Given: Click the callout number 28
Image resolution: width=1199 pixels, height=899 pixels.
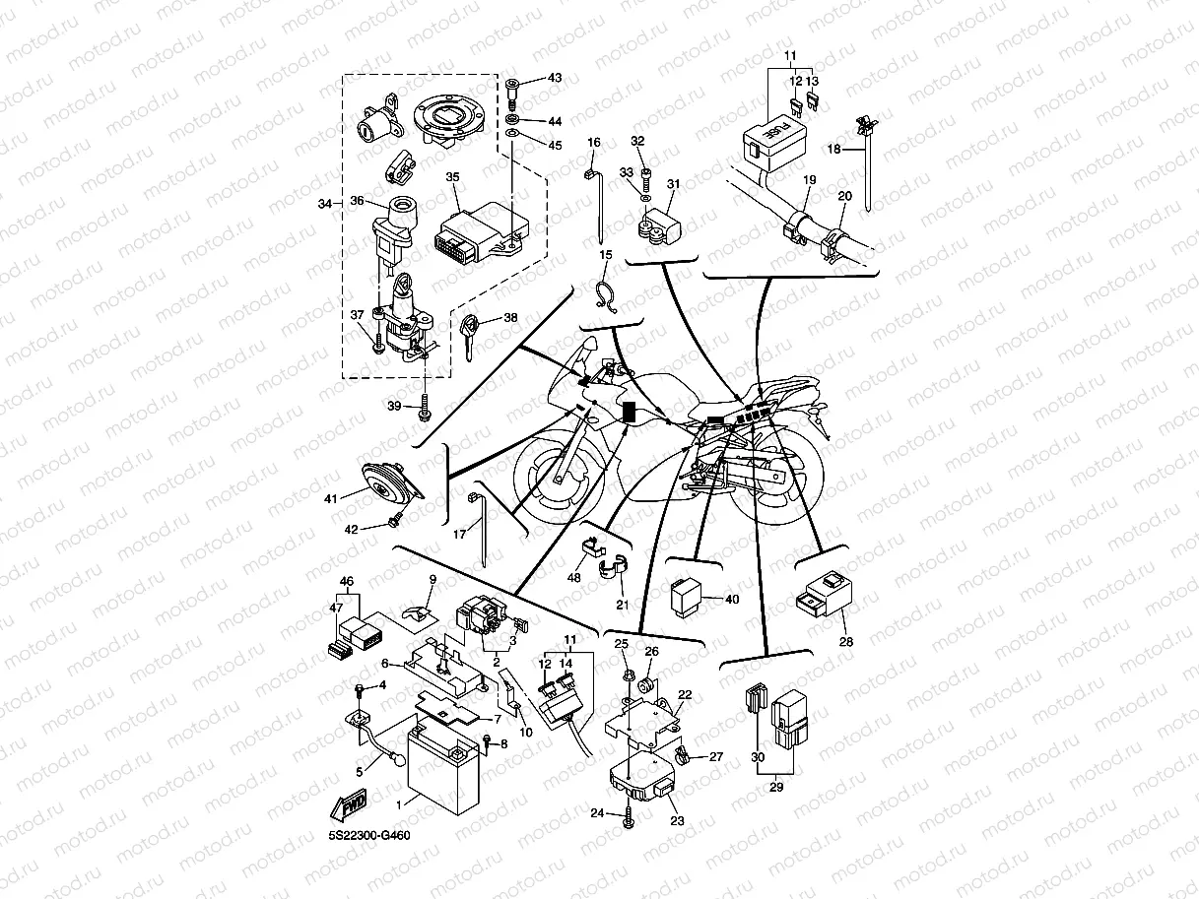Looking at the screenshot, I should click(846, 642).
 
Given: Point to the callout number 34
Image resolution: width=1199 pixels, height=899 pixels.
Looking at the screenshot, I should click(324, 203).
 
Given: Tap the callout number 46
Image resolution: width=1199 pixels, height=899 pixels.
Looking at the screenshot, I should click(346, 583).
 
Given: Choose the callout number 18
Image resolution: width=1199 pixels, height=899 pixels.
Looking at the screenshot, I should click(833, 149).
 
